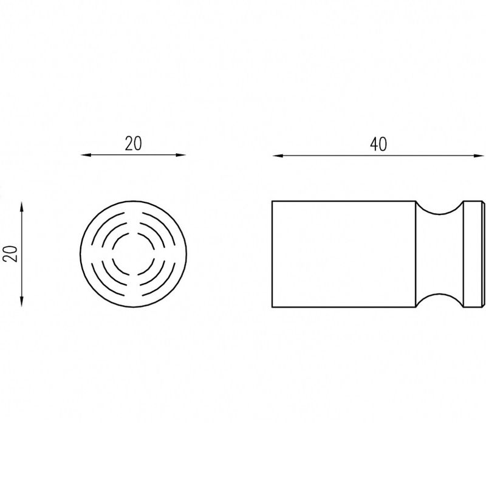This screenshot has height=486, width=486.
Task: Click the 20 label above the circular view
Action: pos(133,144)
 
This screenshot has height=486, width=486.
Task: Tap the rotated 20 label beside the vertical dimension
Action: pos(12,254)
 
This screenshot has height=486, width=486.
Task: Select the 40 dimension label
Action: pos(378,145)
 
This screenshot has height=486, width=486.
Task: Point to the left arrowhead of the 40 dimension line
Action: pos(277,156)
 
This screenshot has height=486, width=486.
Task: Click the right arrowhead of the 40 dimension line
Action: pos(479,156)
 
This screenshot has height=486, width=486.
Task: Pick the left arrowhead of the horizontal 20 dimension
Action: pos(86,155)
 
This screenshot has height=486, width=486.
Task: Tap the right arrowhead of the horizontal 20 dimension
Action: pos(181,155)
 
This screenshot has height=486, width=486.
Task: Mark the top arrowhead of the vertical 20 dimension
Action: pos(21,207)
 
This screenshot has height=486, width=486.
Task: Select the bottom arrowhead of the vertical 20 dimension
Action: pos(21,302)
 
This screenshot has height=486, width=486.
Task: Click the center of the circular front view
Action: pos(133,254)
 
